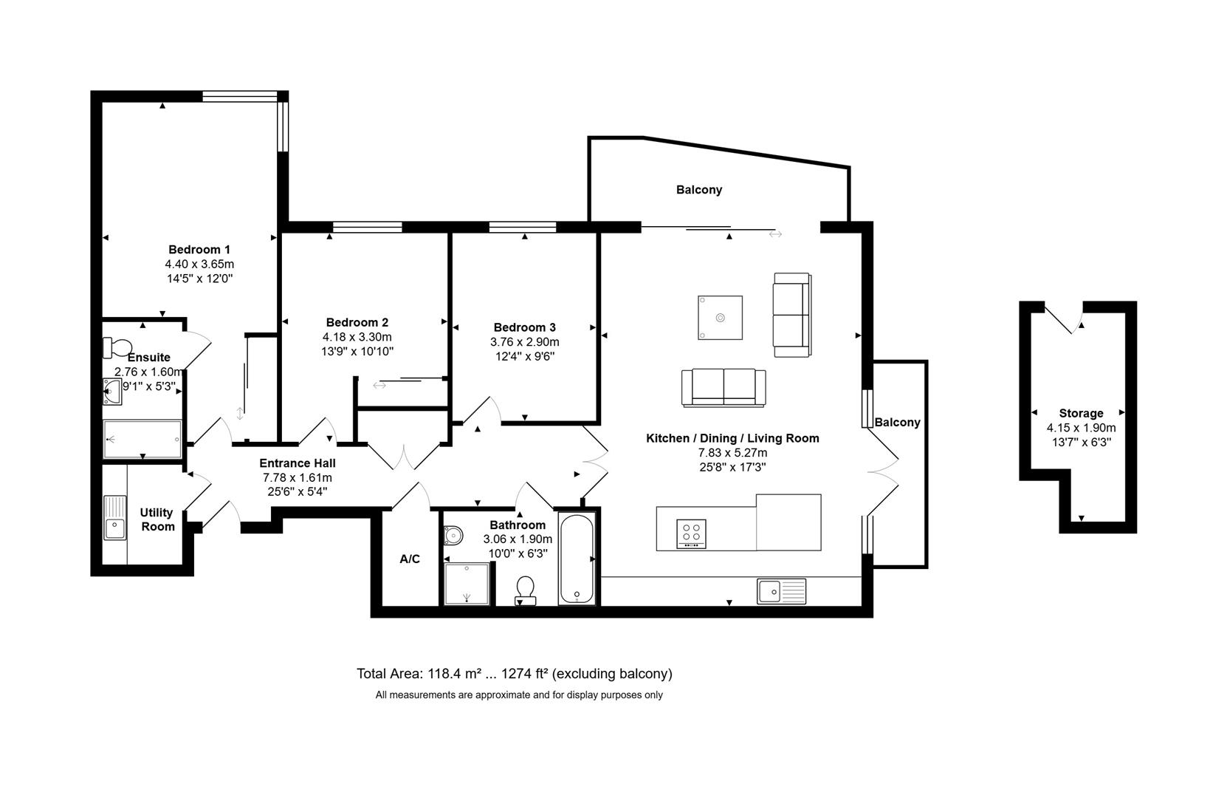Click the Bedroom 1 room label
[x=199, y=250]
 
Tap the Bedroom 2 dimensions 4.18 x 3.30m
[x=357, y=337]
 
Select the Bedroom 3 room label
[x=525, y=327]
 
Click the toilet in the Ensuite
[x=118, y=347]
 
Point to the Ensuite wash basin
[x=112, y=392]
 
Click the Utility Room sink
[x=114, y=517]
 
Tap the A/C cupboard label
[x=410, y=559]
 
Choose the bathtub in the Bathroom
[x=577, y=559]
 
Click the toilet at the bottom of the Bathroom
[x=526, y=591]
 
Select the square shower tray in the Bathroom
[x=467, y=584]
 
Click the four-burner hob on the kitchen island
[x=691, y=533]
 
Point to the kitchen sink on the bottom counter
[x=781, y=591]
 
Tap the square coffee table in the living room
[x=721, y=318]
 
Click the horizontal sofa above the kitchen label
[x=724, y=387]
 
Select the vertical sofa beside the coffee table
[x=792, y=315]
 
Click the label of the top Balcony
[x=699, y=190]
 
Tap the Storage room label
[x=1082, y=413]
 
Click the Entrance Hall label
[x=298, y=463]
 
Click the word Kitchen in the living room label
[x=667, y=438]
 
